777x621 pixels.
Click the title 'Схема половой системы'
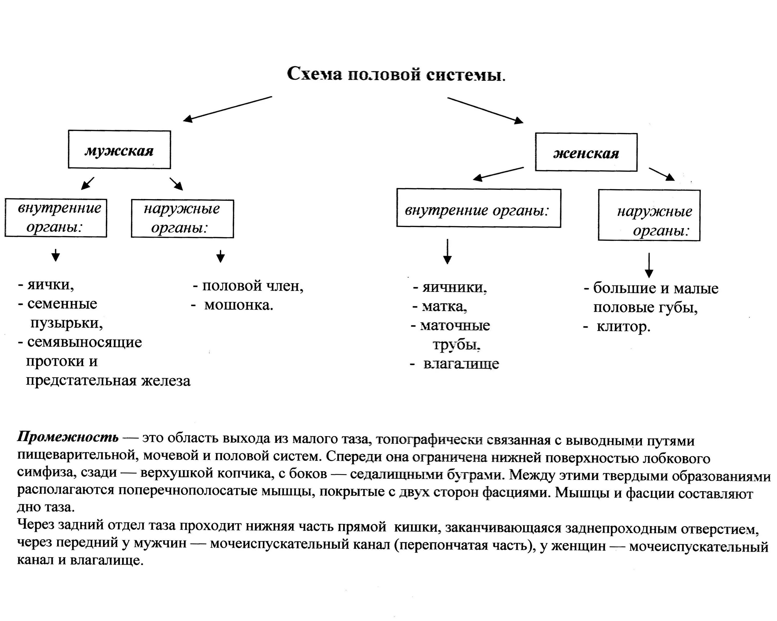click(396, 75)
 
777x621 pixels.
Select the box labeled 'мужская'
click(119, 149)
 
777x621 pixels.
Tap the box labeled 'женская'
click(586, 152)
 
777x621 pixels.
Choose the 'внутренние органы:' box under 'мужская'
click(56, 218)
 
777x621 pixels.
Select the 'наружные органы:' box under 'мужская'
click(182, 219)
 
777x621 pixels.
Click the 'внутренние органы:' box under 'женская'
click(479, 208)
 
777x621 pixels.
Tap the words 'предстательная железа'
click(108, 381)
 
